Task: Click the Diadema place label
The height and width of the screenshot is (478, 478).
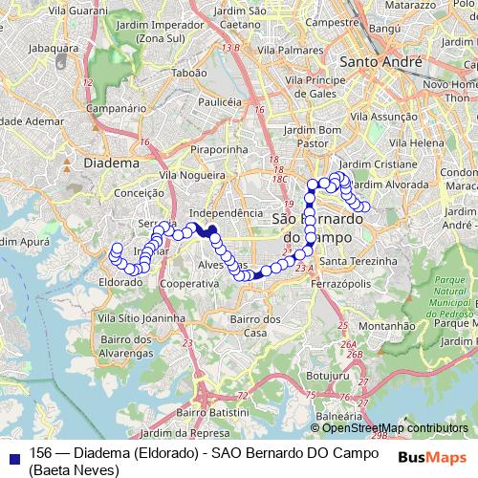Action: click(113, 163)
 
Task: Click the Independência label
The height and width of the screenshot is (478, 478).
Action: click(226, 212)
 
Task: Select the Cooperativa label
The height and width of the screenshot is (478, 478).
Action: click(189, 284)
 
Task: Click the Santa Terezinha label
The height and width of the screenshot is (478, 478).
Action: click(358, 261)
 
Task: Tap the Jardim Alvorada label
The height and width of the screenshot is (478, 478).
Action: click(389, 184)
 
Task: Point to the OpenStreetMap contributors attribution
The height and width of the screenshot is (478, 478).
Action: click(392, 428)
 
